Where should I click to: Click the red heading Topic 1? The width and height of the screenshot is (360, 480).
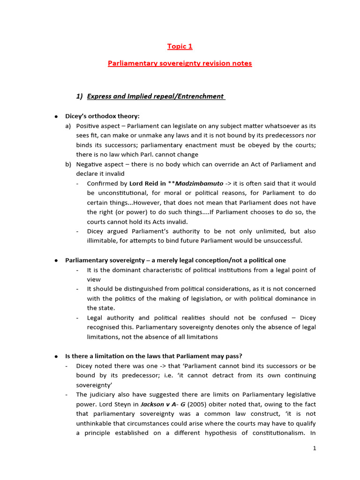pos(180,46)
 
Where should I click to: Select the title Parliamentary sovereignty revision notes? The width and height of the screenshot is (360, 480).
pos(180,63)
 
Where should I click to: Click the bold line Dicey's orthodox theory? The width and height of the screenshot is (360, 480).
pos(102,116)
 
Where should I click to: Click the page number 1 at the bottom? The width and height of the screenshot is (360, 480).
pos(315,448)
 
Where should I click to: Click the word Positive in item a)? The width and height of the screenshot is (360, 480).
pos(88,126)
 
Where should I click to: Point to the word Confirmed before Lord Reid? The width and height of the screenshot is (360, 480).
pos(102,183)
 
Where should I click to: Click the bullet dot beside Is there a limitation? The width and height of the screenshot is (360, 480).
pos(56,356)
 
